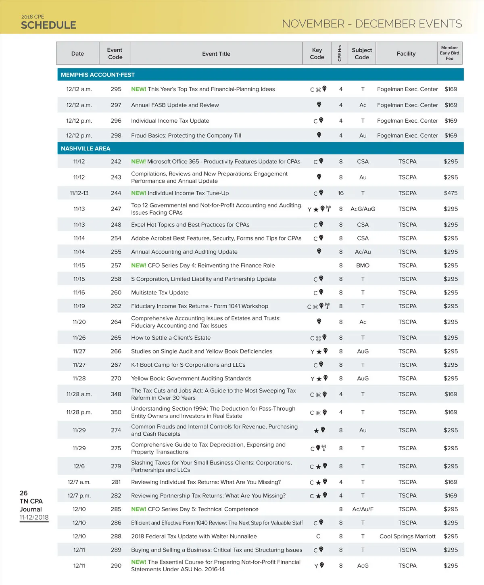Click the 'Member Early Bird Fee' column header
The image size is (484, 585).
pos(449,53)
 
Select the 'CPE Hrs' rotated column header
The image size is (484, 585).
pos(340,53)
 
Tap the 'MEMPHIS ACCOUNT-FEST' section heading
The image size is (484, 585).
pos(98,75)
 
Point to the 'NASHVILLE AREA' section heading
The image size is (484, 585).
pos(86,148)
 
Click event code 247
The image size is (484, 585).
pos(116,209)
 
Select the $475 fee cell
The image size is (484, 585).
pos(451,193)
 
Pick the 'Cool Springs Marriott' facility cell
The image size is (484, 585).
pos(407,536)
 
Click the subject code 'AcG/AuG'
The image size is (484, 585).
pos(363,209)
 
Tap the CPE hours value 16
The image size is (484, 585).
pos(341,193)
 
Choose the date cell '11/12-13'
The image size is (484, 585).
pos(79,193)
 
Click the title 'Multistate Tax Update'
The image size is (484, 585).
pos(160,292)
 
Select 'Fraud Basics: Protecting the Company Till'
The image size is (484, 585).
pos(186,136)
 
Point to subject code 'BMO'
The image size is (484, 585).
pos(363,265)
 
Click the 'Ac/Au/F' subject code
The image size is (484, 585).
pos(363,509)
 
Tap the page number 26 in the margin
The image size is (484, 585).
pos(24,493)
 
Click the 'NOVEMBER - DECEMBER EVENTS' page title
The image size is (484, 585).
pos(372,24)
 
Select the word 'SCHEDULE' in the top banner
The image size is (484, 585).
pos(48,25)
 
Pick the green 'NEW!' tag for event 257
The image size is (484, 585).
pos(138,265)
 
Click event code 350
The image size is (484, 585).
pos(116,412)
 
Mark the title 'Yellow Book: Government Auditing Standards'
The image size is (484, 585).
pos(191,378)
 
